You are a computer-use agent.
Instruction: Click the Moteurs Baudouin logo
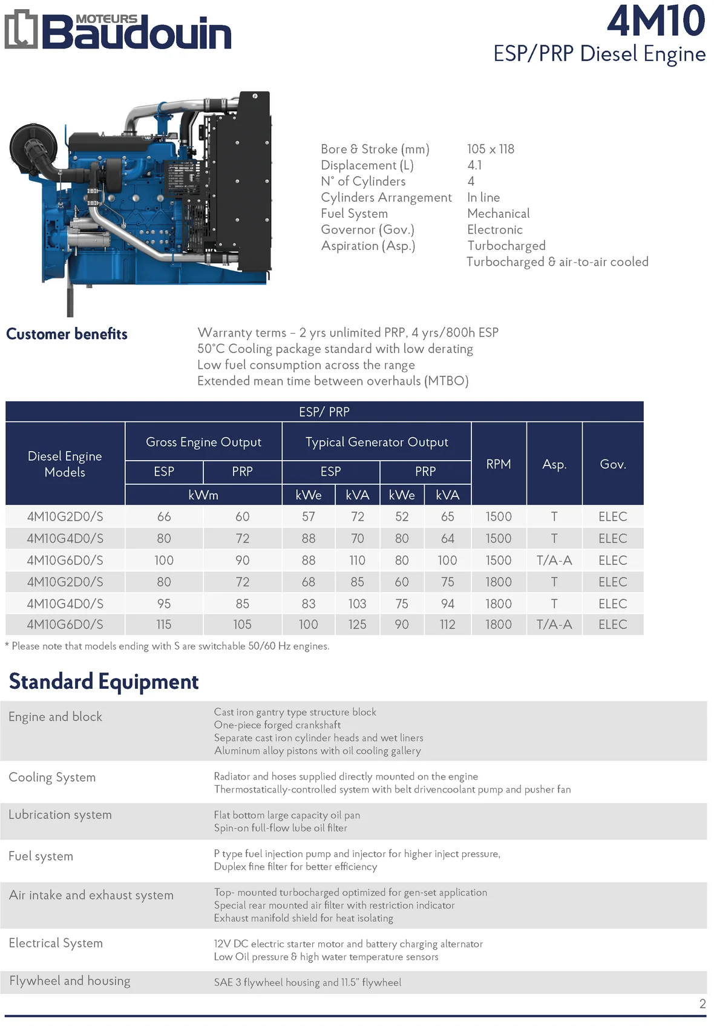118,30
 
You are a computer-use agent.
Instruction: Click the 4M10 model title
656,21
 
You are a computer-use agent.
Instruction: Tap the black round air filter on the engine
33,145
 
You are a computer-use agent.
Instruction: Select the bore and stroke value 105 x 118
490,149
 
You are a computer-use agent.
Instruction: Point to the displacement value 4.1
474,165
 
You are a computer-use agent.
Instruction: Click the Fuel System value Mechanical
498,214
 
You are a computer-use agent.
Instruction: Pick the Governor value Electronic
494,230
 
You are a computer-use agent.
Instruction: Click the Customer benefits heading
67,334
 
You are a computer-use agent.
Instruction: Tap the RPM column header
499,464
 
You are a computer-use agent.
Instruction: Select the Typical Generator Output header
376,442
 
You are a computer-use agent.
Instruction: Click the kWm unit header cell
203,495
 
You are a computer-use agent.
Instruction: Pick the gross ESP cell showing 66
164,517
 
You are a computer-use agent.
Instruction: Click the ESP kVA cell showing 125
357,625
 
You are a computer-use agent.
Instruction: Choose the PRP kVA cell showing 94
447,603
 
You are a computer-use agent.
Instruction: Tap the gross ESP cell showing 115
164,625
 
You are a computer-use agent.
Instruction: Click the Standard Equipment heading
103,682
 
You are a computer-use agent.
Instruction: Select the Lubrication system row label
60,815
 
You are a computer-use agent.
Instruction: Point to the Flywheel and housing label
70,981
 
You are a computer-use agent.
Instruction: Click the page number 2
703,1004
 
